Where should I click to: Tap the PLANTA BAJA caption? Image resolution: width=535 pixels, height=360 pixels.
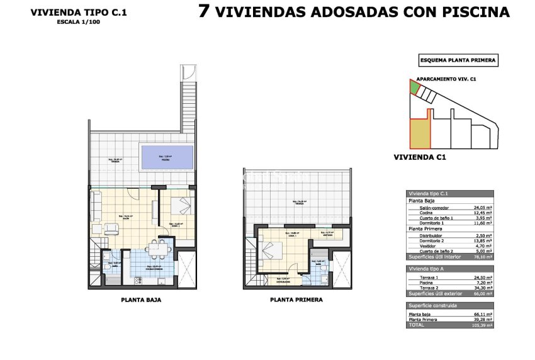(141, 300)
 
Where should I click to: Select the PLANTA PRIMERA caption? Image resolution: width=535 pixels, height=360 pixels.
(296, 300)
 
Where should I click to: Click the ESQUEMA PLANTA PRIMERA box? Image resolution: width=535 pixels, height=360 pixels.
(458, 61)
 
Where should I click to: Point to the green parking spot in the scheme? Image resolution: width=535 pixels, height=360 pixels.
(413, 87)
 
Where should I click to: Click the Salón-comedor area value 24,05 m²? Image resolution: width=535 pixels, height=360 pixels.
(483, 207)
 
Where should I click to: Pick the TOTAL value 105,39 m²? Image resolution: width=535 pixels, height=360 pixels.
(483, 325)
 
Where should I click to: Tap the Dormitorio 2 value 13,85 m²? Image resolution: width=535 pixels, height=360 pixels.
(483, 241)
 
